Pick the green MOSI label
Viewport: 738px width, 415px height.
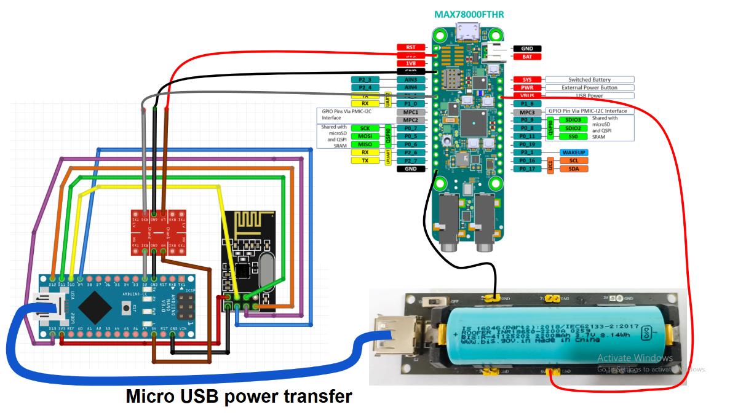coord(365,136)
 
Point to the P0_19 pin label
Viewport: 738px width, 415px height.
coord(527,144)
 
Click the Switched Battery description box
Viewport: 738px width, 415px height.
coord(589,80)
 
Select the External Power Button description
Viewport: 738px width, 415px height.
coord(589,88)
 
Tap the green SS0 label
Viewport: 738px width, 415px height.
coord(573,136)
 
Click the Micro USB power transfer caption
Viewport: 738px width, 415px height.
coord(239,397)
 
